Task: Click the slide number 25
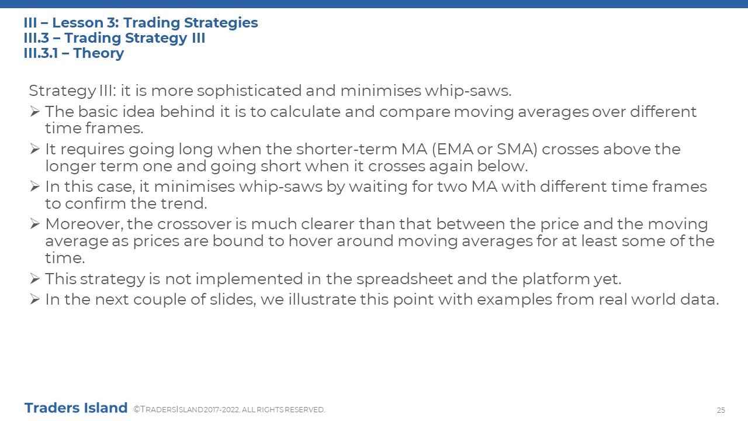(x=721, y=410)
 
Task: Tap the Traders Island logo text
(x=76, y=408)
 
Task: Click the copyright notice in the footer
(x=229, y=409)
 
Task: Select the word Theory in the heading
(x=99, y=53)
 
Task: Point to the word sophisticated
(x=249, y=91)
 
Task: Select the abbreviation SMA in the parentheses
(x=515, y=149)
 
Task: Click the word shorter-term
(x=347, y=149)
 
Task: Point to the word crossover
(x=194, y=224)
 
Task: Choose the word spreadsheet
(x=404, y=279)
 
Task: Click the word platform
(x=556, y=279)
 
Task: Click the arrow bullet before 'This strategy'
(x=34, y=279)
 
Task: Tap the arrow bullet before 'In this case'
(x=34, y=186)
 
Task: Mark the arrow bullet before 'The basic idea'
(x=34, y=111)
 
